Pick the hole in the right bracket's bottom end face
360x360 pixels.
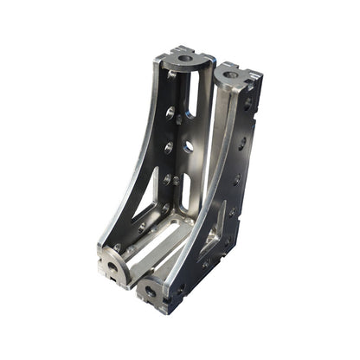coord(151,292)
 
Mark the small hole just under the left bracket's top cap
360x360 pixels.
coord(172,74)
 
